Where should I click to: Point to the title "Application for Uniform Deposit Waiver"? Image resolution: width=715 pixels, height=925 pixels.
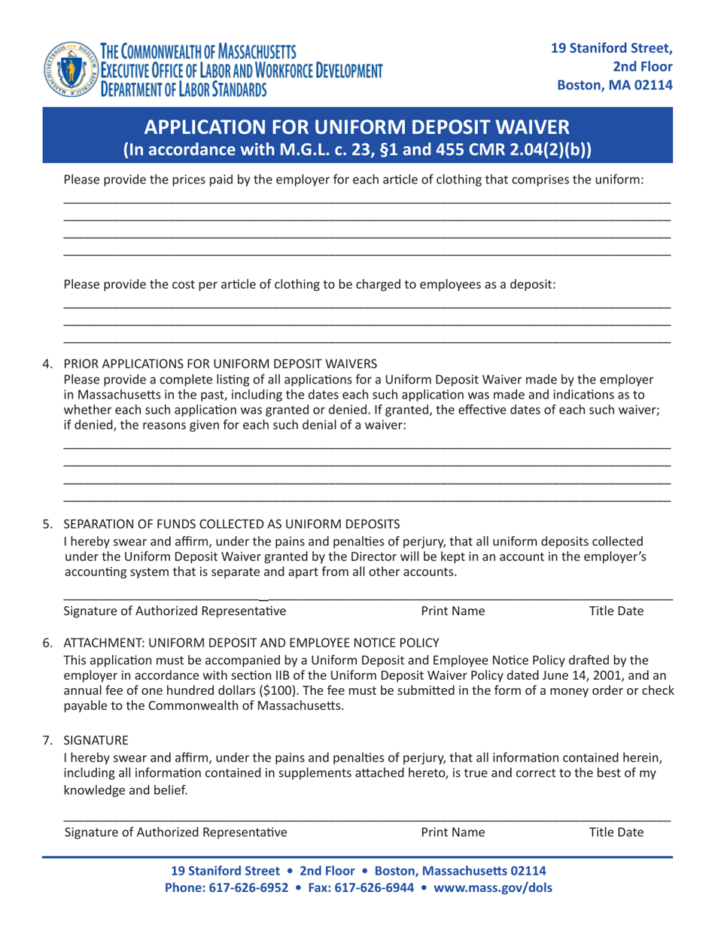357,126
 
